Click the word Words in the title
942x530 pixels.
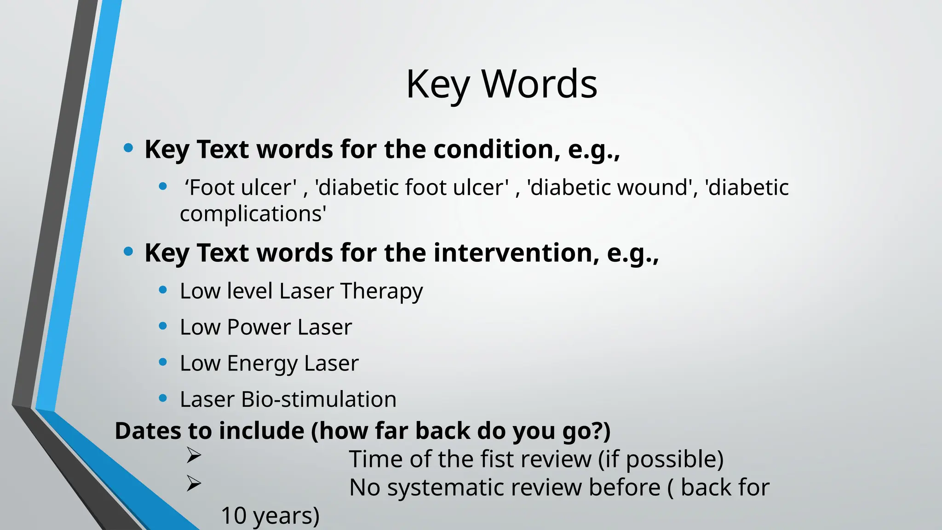tap(539, 84)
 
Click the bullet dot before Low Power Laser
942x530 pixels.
tap(162, 326)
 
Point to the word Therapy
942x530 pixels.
tap(381, 291)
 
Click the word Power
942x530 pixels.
tap(259, 327)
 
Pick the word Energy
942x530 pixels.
tap(262, 363)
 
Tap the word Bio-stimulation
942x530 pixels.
tap(318, 399)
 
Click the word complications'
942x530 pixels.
tap(253, 214)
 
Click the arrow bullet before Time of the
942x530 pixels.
tap(194, 455)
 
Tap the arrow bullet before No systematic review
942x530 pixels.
tap(194, 484)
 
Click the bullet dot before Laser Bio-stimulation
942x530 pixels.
tap(162, 398)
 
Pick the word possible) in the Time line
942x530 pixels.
tap(675, 459)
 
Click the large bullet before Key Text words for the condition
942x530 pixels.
tap(129, 148)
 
